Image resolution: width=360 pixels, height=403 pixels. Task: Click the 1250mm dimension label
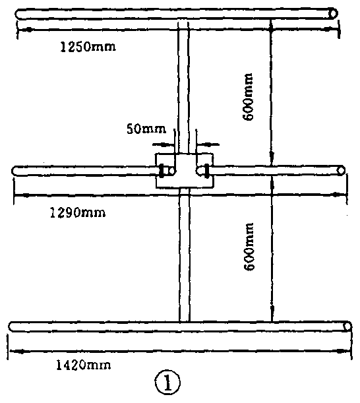click(x=88, y=47)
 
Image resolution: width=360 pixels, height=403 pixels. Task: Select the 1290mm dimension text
click(x=78, y=213)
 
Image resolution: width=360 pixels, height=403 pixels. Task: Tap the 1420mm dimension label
click(x=84, y=365)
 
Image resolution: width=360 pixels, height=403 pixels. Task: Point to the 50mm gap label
click(x=146, y=129)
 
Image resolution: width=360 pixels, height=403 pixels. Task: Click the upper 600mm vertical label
click(x=248, y=97)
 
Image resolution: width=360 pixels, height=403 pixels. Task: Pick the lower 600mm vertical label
click(x=249, y=247)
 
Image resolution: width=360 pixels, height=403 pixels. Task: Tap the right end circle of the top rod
click(x=333, y=13)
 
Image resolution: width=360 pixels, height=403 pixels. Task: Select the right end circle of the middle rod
click(x=341, y=170)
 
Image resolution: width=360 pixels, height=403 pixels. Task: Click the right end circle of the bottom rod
click(x=347, y=326)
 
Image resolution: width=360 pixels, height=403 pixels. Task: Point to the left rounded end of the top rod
click(x=18, y=14)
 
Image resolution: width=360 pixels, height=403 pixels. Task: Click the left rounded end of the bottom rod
click(x=11, y=326)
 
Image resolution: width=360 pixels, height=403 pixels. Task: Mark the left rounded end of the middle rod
click(x=14, y=171)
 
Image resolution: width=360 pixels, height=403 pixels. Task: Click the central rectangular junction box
click(x=184, y=171)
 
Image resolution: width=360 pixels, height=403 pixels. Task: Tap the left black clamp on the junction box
click(x=162, y=171)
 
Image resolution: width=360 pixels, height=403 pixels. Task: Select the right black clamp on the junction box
click(x=207, y=171)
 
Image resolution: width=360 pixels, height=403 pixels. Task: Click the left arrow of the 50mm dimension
click(x=164, y=144)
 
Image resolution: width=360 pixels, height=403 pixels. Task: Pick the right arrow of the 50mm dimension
click(x=208, y=144)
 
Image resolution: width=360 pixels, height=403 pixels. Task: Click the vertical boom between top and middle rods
click(x=183, y=87)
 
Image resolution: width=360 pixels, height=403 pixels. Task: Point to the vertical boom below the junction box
click(x=185, y=255)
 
